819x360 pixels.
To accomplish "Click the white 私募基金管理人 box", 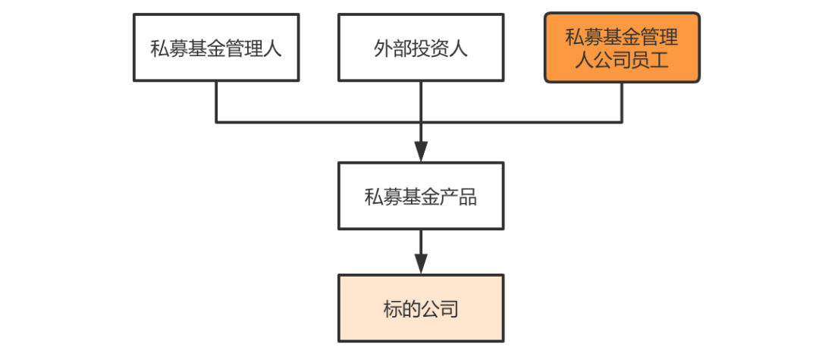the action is point(216,48).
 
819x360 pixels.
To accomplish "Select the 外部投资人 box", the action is point(421,48).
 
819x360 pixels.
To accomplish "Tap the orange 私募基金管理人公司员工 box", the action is point(622,48).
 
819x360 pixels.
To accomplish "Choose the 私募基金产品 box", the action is point(421,196).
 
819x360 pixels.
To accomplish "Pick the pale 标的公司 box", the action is point(421,308).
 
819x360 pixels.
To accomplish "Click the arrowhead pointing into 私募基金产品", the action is point(421,152).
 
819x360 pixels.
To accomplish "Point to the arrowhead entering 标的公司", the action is point(421,264).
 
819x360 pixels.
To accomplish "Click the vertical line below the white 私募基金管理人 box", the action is point(216,102).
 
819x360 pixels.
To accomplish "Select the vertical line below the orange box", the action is point(622,102).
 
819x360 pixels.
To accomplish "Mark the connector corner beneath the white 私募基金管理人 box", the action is point(216,123).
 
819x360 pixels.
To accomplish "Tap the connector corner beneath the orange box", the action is point(622,123).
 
